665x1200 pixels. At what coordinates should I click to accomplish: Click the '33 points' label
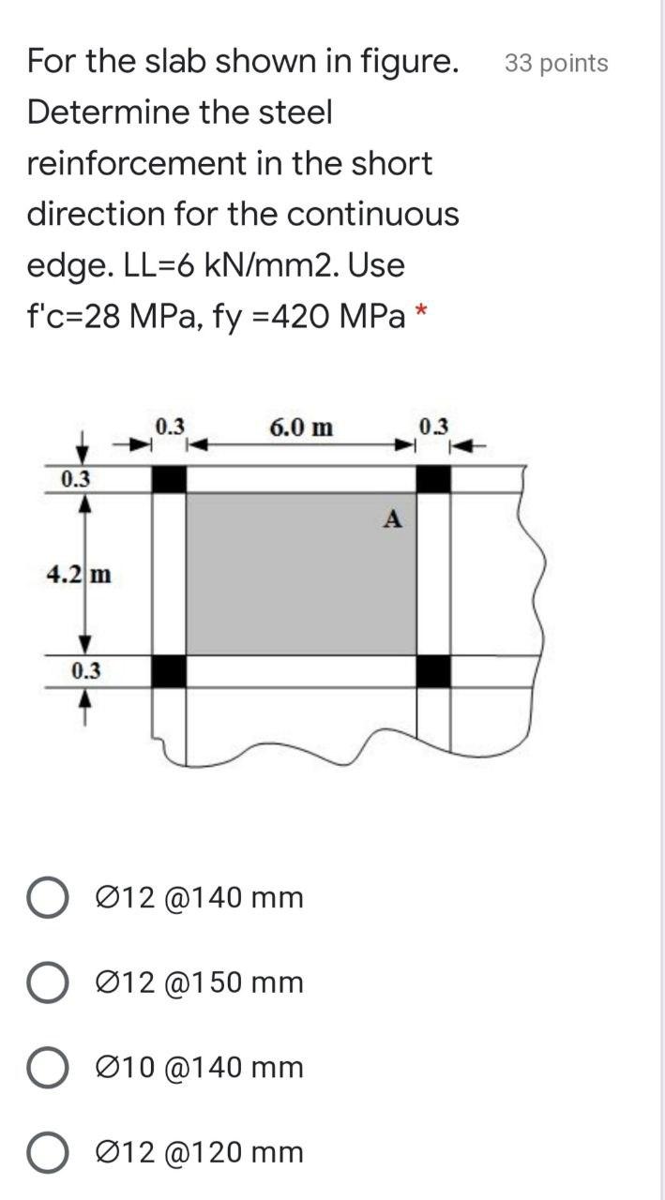click(x=556, y=64)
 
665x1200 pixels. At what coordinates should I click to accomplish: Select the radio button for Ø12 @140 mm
click(x=46, y=898)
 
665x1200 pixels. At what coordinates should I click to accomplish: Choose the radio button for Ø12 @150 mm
click(x=46, y=983)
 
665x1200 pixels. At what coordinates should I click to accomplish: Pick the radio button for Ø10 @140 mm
click(x=46, y=1068)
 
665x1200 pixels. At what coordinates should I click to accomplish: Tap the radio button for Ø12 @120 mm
click(x=46, y=1153)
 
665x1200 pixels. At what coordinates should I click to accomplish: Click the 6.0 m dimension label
click(x=300, y=428)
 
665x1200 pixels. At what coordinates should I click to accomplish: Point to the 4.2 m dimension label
click(x=79, y=573)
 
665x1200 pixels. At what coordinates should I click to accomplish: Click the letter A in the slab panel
click(x=394, y=518)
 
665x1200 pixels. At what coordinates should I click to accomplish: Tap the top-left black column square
click(x=169, y=479)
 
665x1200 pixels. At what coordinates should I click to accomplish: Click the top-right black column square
click(x=433, y=479)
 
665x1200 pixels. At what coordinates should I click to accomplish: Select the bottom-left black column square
click(x=169, y=671)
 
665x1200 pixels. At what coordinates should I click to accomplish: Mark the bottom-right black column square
click(x=433, y=671)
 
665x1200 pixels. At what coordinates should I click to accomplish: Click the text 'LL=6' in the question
click(x=156, y=265)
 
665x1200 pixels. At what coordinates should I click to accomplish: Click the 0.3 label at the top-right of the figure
click(x=434, y=427)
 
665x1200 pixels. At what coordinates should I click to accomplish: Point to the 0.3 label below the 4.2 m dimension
click(x=85, y=671)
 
